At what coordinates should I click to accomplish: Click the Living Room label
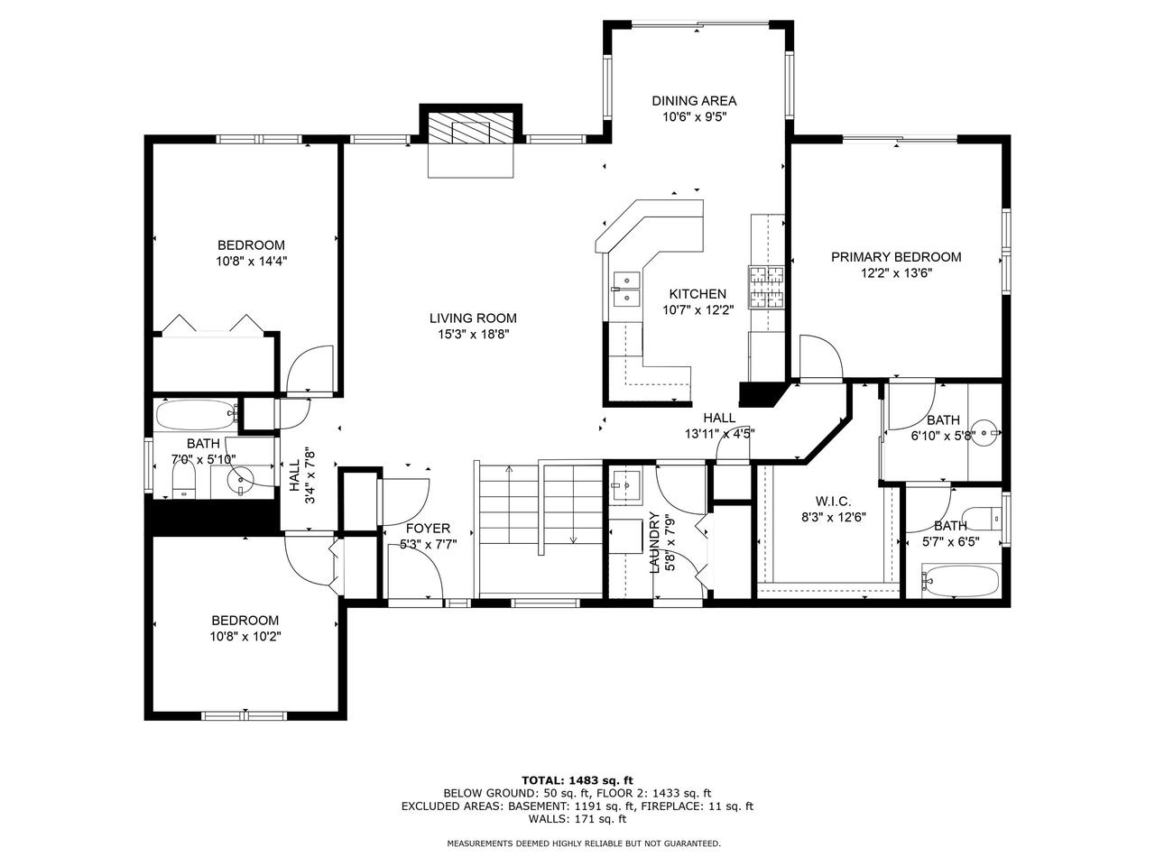click(472, 318)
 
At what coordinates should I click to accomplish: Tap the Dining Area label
click(694, 101)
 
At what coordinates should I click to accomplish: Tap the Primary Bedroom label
click(895, 257)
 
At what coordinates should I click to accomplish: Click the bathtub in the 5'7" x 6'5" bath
click(960, 580)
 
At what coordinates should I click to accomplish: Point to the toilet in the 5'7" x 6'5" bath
click(994, 518)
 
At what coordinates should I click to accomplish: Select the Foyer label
click(428, 529)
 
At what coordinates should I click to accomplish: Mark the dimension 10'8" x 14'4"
click(251, 262)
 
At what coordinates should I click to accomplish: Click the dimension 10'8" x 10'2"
click(245, 637)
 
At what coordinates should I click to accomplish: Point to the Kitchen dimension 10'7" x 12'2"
click(698, 309)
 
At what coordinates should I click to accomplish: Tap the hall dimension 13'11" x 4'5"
click(719, 433)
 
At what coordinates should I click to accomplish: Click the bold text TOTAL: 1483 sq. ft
click(577, 779)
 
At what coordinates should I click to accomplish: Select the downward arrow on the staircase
click(573, 539)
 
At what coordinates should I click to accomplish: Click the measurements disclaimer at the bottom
click(584, 843)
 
